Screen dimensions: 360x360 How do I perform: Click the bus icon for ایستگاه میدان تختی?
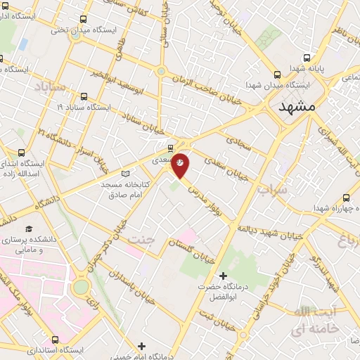coord(84,20)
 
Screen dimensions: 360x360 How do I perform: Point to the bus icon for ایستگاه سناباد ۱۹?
coord(84,97)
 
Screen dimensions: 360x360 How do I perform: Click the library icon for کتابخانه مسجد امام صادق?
coord(126,173)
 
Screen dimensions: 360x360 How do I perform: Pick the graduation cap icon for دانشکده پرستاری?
coord(29,229)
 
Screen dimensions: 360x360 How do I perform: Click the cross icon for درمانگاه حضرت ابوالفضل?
coord(223,275)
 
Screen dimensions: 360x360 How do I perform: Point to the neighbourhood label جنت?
coord(139,240)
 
